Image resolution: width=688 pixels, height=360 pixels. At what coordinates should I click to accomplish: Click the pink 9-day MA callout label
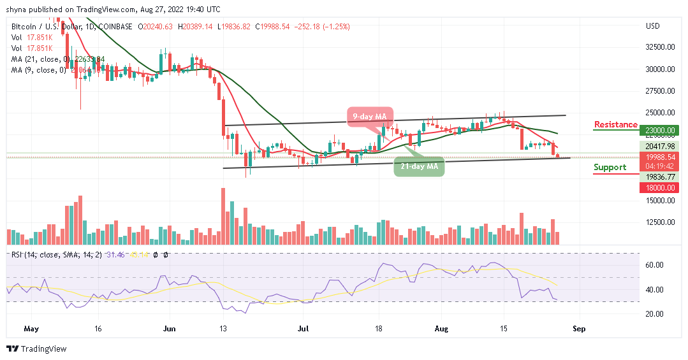pyautogui.click(x=370, y=117)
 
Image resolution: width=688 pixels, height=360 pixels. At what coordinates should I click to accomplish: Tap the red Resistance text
pyautogui.click(x=615, y=124)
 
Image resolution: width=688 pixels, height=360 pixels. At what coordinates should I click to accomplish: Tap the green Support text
pyautogui.click(x=610, y=168)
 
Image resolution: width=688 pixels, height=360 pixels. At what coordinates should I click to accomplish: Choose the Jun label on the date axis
pyautogui.click(x=169, y=329)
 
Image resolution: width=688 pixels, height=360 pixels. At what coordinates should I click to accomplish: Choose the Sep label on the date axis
pyautogui.click(x=578, y=329)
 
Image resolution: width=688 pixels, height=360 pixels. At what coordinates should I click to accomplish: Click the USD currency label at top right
pyautogui.click(x=652, y=26)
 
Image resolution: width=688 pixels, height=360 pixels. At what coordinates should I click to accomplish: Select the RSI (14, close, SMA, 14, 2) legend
pyautogui.click(x=51, y=255)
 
